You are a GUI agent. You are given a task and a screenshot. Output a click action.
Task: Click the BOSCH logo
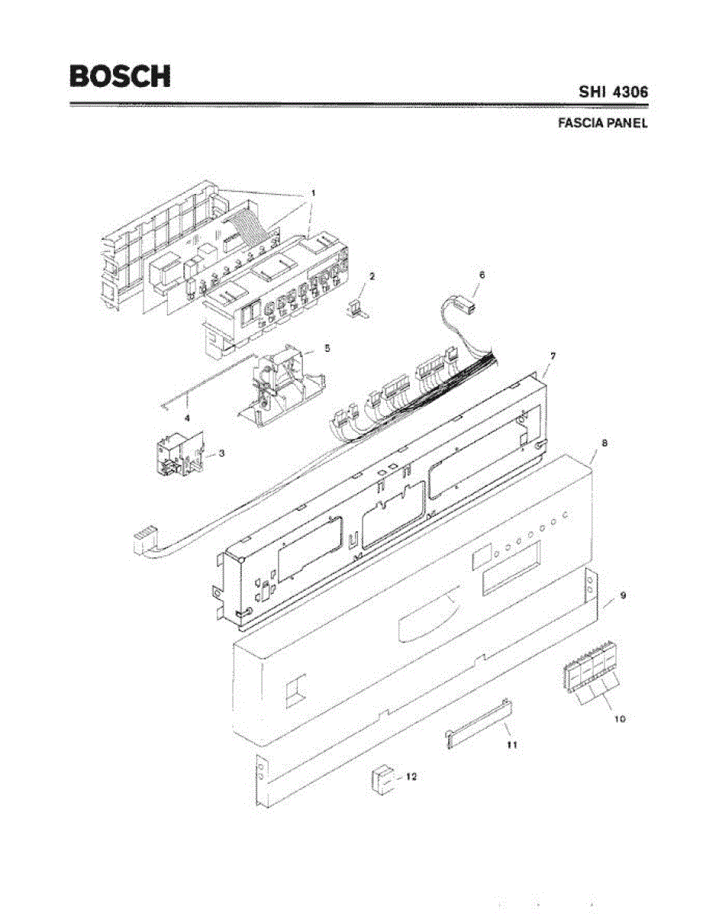[120, 76]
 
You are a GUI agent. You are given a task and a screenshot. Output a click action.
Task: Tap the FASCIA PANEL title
[602, 123]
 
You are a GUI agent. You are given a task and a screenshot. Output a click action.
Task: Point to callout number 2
[371, 276]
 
